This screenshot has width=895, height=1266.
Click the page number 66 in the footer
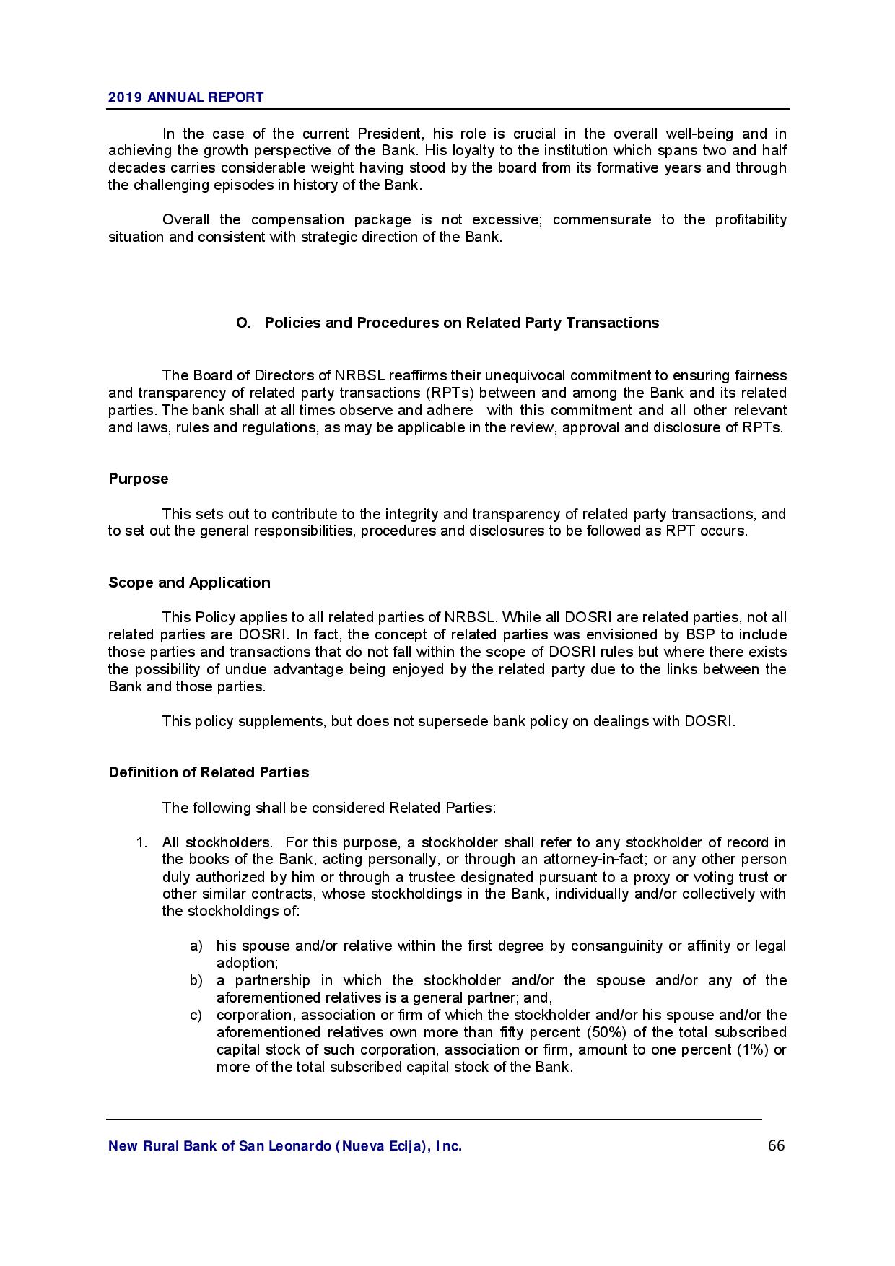tap(776, 1145)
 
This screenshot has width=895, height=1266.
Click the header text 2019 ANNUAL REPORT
tap(185, 97)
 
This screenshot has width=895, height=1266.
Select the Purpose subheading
tap(139, 479)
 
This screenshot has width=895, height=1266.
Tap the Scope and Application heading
tap(189, 582)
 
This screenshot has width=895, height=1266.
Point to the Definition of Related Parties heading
tap(209, 772)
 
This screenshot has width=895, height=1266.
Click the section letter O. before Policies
tap(243, 323)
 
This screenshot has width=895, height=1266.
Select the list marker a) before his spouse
tap(196, 946)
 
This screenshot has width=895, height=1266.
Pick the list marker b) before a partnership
tap(196, 980)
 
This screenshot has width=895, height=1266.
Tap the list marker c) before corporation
tap(196, 1015)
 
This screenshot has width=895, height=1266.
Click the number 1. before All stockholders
tap(142, 842)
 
